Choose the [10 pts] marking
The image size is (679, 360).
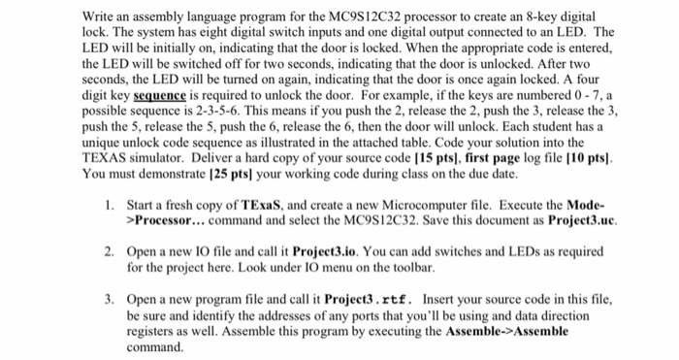pyautogui.click(x=568, y=158)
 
